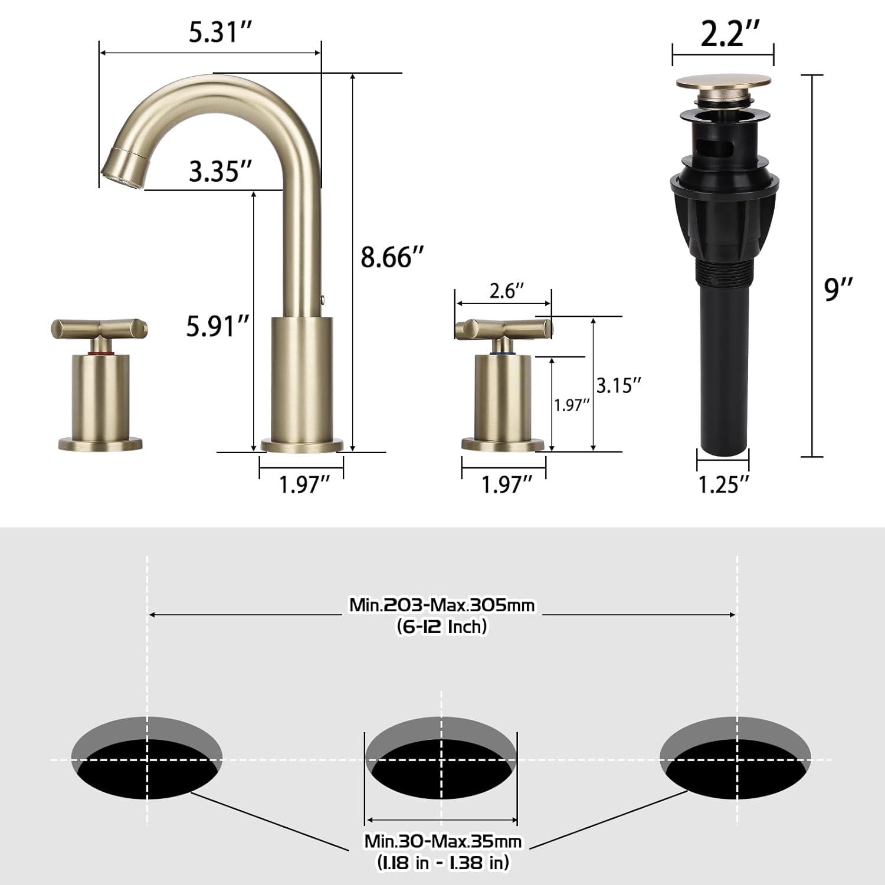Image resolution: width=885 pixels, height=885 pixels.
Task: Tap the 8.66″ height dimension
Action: [x=392, y=257]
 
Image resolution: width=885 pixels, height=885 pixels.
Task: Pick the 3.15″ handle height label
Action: [x=618, y=385]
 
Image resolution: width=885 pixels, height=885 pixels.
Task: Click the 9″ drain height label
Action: [x=839, y=290]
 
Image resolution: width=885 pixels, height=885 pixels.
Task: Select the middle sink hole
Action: [x=441, y=759]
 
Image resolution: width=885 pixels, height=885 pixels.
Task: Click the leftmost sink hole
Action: [x=147, y=759]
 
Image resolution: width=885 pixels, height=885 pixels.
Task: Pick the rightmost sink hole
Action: [x=735, y=759]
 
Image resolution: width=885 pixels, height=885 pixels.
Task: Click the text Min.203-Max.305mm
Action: [x=442, y=605]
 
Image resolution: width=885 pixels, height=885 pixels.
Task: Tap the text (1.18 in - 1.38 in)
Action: [x=442, y=863]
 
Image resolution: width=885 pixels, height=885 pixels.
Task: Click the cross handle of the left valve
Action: [x=100, y=328]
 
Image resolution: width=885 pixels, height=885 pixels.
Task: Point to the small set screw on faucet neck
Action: [x=323, y=300]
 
